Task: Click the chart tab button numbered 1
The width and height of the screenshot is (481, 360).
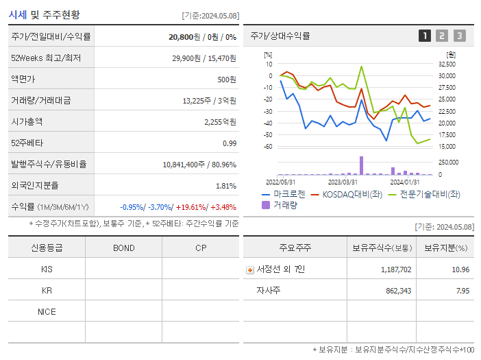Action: [425, 36]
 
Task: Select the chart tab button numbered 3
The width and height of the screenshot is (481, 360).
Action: [459, 36]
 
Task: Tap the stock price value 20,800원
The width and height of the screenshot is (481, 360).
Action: [185, 37]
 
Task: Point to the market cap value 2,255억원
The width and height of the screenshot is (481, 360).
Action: [220, 121]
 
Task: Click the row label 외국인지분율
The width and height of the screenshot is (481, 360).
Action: [35, 185]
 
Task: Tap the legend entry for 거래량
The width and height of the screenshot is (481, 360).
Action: [284, 204]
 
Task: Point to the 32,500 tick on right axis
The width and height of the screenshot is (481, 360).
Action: [446, 64]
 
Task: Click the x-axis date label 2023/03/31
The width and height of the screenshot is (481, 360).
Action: [343, 182]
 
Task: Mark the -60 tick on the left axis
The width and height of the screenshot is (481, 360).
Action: [268, 147]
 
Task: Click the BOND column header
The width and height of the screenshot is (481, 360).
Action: [123, 248]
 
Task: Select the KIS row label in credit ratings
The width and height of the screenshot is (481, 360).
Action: [47, 269]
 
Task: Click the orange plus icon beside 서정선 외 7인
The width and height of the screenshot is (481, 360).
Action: [250, 269]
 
